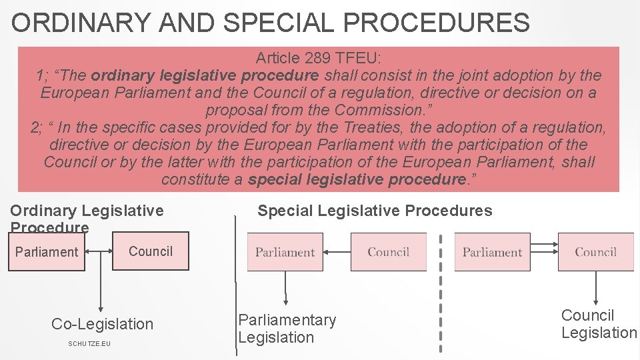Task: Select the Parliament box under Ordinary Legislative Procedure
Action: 47,252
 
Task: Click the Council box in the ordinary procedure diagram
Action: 151,251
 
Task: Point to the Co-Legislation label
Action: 102,324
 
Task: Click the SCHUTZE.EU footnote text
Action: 89,343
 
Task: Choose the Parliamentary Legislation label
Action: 287,329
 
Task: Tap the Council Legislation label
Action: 599,324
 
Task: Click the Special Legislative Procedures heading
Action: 375,211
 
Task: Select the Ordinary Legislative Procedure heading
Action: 87,219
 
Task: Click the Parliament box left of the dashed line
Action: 285,252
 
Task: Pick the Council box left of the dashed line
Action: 388,252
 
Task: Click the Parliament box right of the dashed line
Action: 492,252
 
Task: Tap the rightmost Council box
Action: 595,252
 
